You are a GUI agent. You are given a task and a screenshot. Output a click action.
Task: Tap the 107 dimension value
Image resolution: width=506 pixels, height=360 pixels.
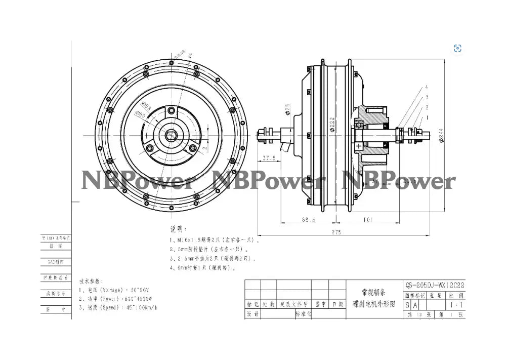point(368,220)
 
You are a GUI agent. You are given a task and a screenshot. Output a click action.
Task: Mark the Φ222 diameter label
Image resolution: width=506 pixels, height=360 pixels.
point(331,124)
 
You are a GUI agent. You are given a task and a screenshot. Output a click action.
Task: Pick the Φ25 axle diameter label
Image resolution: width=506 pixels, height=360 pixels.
point(287,108)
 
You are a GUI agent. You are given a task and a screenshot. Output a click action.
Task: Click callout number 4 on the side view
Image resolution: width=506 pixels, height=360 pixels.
point(427,87)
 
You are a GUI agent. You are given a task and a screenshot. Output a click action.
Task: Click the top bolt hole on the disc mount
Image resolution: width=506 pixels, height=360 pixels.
point(172,110)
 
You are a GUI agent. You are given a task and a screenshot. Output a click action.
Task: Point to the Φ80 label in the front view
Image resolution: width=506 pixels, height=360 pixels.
point(140,115)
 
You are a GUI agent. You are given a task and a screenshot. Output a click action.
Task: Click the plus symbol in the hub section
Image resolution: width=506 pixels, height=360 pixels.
point(359,146)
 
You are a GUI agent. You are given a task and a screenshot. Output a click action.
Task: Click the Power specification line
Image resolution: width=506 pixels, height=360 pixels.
point(116,299)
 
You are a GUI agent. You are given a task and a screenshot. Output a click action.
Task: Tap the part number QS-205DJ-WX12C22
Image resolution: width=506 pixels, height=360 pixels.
point(435,285)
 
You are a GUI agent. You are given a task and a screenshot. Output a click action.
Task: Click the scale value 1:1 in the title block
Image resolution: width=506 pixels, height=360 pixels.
point(456,305)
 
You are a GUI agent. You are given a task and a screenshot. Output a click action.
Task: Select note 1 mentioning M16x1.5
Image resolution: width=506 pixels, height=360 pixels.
point(215,241)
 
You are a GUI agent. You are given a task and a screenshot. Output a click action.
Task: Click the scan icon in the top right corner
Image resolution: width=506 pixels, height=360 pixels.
point(457,48)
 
